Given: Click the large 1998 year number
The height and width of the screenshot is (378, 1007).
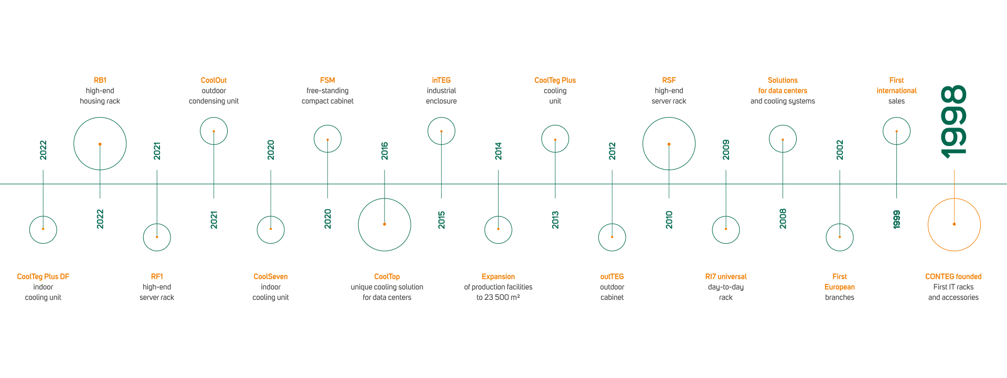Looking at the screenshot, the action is pyautogui.click(x=954, y=122).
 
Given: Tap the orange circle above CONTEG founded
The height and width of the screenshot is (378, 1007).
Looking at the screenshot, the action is pyautogui.click(x=954, y=199).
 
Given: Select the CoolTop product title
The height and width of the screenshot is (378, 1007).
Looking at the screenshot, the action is pyautogui.click(x=387, y=277).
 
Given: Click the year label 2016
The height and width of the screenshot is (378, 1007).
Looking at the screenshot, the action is pyautogui.click(x=384, y=151).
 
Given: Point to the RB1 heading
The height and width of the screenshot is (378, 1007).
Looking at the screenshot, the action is pyautogui.click(x=100, y=80).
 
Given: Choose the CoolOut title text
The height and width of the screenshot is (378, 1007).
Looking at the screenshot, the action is pyautogui.click(x=214, y=80).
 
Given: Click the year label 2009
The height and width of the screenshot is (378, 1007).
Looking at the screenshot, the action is pyautogui.click(x=726, y=150).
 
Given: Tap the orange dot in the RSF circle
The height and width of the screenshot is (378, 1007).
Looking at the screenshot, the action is pyautogui.click(x=669, y=144).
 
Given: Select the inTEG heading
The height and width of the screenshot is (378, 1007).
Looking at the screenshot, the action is pyautogui.click(x=442, y=80).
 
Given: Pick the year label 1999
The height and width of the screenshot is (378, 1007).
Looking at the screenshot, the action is pyautogui.click(x=897, y=219).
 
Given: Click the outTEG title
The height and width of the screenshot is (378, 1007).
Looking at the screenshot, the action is pyautogui.click(x=612, y=277).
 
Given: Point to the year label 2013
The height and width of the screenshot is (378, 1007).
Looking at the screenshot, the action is pyautogui.click(x=555, y=220).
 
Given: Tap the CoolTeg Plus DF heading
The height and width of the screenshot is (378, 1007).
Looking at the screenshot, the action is pyautogui.click(x=43, y=277).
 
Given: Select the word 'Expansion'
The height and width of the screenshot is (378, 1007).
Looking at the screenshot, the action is pyautogui.click(x=498, y=277).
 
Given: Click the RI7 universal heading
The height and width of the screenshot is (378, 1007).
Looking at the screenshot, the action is pyautogui.click(x=726, y=277).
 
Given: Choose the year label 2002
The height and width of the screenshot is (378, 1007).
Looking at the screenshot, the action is pyautogui.click(x=840, y=150).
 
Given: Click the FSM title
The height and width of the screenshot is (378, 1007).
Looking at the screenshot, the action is pyautogui.click(x=328, y=80).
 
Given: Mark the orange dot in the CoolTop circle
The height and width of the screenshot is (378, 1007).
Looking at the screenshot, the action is pyautogui.click(x=384, y=224).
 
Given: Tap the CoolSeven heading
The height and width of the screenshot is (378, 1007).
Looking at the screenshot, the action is pyautogui.click(x=271, y=277).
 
